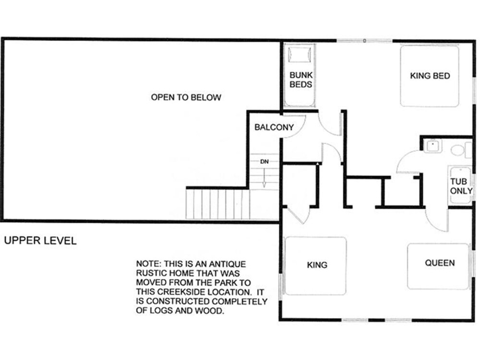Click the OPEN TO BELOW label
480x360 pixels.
(186, 97)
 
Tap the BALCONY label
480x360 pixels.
(274, 127)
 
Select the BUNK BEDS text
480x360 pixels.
(301, 80)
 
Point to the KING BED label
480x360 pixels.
(430, 76)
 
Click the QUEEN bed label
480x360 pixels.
(440, 263)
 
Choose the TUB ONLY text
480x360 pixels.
(461, 186)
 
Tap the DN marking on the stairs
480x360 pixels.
(264, 161)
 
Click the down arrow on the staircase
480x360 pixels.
(264, 178)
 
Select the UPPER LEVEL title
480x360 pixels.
(40, 240)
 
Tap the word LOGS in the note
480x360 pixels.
(161, 311)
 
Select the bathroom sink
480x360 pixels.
(433, 146)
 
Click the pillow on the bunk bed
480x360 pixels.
(300, 55)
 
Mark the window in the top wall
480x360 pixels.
(365, 41)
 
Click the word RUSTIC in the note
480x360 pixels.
(151, 274)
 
